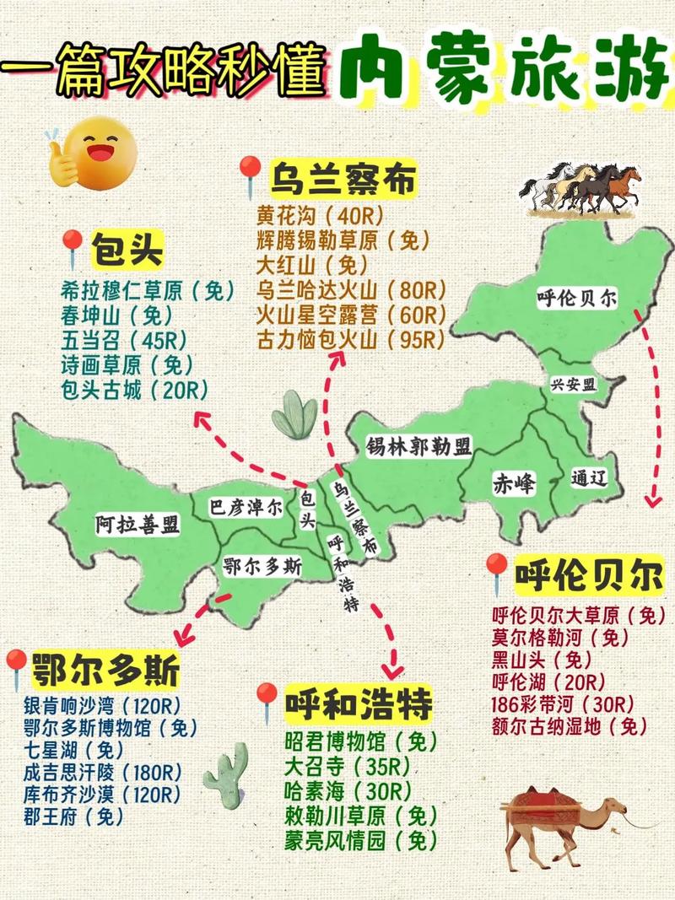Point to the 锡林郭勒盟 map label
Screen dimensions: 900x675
418,446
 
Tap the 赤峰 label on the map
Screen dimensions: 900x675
514,483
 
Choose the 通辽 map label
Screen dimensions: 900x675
589,477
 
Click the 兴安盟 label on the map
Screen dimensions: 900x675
573,385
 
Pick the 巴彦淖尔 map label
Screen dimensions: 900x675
245,508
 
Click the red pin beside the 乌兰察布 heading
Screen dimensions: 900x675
250,177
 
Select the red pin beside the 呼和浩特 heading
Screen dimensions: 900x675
267,703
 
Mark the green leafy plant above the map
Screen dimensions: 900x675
295,415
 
